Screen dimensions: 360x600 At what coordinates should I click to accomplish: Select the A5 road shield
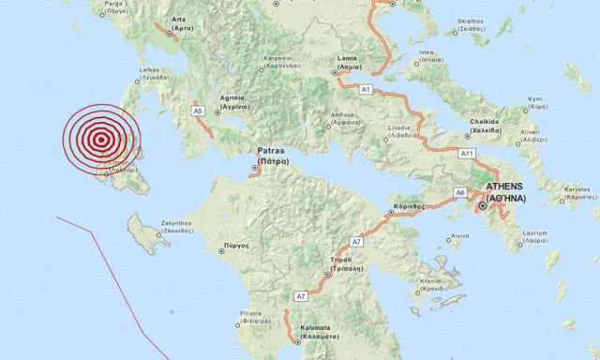[x=197, y=111]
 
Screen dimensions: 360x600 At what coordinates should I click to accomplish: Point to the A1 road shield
[x=367, y=88]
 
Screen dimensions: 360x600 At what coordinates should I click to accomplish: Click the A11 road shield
[x=467, y=152]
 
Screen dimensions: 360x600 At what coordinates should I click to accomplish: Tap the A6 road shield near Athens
[x=459, y=192]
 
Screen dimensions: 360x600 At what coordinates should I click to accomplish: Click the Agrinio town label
[x=232, y=100]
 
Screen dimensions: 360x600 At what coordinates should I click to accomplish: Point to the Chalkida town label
[x=486, y=125]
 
